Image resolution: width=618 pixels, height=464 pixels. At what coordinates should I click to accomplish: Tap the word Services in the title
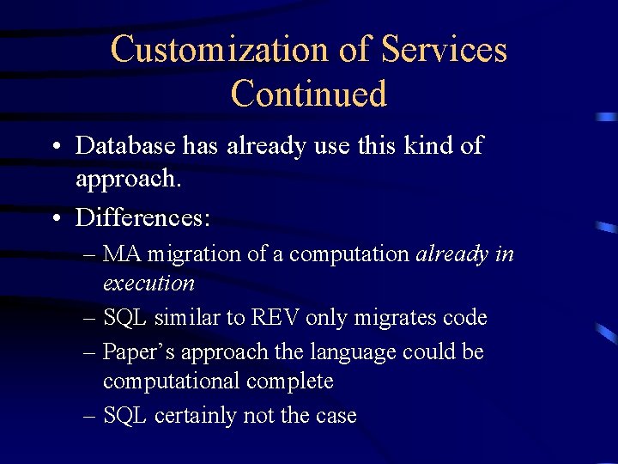[x=444, y=49]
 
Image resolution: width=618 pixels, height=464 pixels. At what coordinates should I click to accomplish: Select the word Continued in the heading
[x=309, y=94]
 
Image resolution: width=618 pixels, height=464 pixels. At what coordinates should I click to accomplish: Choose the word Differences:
[x=142, y=217]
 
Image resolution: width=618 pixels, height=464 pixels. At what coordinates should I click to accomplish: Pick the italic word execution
[x=148, y=283]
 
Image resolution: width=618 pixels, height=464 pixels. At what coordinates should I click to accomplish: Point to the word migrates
[x=396, y=318]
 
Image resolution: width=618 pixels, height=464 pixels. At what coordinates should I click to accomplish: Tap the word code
[x=465, y=318]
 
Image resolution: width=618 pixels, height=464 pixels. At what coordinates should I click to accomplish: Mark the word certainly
[x=196, y=416]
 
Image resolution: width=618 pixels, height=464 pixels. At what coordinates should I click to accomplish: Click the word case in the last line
[x=336, y=416]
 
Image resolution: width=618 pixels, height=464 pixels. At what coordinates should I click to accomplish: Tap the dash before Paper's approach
[x=90, y=352]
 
